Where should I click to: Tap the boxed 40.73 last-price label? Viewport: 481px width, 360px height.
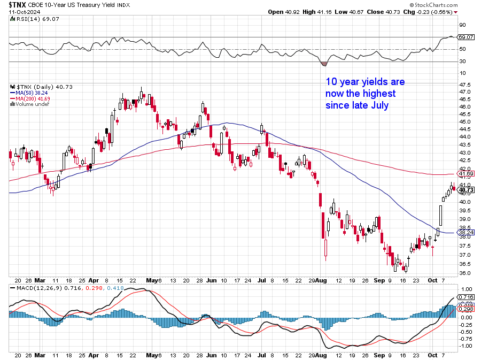click(467, 190)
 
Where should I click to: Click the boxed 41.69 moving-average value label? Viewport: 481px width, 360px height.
click(467, 174)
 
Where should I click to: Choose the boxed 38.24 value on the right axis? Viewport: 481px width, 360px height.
click(467, 232)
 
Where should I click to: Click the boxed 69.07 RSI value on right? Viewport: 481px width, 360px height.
click(467, 37)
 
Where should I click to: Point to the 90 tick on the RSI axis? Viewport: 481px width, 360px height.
click(463, 25)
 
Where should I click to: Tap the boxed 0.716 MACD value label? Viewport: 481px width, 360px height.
click(467, 296)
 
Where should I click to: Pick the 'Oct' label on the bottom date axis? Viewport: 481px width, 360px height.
click(433, 355)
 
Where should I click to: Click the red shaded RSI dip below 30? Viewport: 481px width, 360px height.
click(324, 63)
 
